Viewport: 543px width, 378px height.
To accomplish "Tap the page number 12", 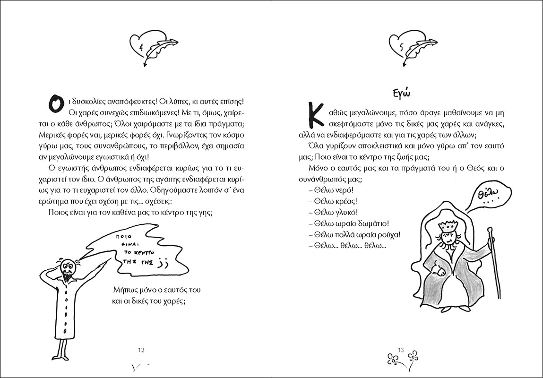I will click(x=141, y=350).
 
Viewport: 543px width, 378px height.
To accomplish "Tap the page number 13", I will click(x=401, y=350).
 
